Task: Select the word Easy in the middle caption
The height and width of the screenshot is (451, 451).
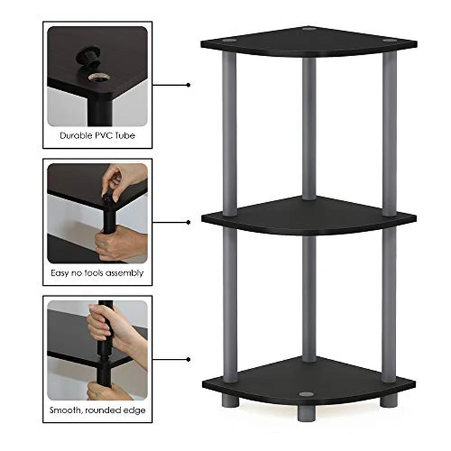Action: (61, 273)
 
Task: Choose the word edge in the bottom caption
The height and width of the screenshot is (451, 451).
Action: (134, 410)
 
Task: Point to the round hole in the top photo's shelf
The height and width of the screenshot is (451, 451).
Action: (100, 77)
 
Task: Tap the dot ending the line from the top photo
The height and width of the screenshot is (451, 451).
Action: (188, 84)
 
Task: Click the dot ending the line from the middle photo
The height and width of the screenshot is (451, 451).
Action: (188, 222)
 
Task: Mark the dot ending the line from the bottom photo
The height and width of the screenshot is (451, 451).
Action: (188, 359)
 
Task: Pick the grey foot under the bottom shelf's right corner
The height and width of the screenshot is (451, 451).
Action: (388, 401)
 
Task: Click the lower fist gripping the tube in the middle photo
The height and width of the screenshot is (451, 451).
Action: (119, 242)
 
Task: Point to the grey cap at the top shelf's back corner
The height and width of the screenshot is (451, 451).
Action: (309, 29)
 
